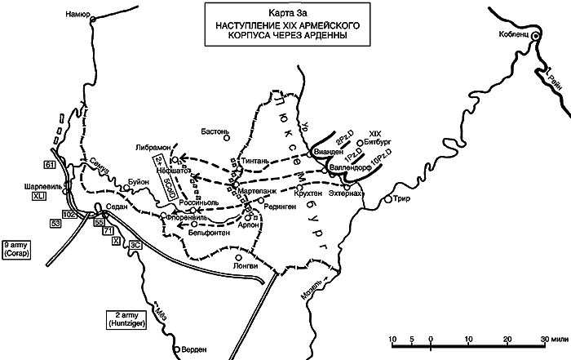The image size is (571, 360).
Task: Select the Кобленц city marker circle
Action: tap(536, 37)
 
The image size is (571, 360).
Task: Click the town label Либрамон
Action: tap(157, 146)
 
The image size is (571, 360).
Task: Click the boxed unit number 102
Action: tap(69, 214)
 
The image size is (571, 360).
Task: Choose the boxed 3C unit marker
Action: tap(136, 243)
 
